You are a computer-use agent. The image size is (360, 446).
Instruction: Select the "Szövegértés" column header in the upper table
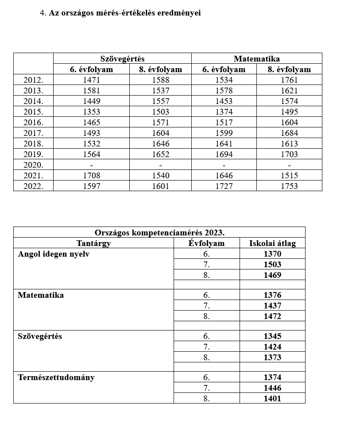[x=122, y=58]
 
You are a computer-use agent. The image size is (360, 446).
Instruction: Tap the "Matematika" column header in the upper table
[x=257, y=58]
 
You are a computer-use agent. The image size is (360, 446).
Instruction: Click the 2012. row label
[x=33, y=80]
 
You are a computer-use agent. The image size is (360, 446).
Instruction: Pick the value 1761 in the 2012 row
[x=289, y=80]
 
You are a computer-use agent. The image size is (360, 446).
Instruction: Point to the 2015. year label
[x=33, y=112]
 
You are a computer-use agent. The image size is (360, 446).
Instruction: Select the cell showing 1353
[x=91, y=112]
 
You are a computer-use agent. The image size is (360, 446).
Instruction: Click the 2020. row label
[x=33, y=165]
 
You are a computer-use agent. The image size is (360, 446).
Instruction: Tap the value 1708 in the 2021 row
[x=91, y=176]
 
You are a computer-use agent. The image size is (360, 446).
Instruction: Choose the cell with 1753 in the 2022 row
[x=289, y=186]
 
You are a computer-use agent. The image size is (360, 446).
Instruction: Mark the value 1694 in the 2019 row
[x=224, y=154]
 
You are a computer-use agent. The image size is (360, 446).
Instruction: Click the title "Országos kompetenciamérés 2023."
[x=159, y=232]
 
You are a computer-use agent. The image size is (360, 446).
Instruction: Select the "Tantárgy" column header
[x=93, y=243]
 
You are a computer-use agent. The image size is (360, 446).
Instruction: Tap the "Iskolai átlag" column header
[x=272, y=243]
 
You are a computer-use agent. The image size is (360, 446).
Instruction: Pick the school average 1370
[x=272, y=254]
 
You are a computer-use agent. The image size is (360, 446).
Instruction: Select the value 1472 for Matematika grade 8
[x=272, y=316]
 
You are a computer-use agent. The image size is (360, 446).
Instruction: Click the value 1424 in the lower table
[x=272, y=347]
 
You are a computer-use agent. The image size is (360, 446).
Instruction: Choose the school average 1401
[x=272, y=399]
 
